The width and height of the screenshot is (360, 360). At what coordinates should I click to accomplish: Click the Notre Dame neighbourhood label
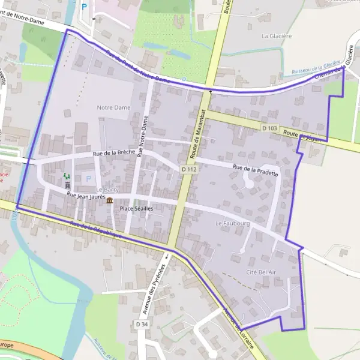113,107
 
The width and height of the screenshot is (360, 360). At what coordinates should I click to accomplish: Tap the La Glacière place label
277,36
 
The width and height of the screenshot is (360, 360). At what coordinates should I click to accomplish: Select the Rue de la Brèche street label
114,154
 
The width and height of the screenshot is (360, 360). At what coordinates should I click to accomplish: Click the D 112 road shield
189,170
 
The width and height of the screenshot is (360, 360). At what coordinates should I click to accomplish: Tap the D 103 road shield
269,128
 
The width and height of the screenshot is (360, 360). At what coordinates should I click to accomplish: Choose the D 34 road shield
142,325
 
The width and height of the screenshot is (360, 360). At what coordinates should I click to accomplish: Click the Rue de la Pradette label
255,170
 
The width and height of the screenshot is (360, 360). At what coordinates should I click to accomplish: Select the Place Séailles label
137,208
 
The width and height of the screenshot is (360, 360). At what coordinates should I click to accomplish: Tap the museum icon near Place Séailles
109,201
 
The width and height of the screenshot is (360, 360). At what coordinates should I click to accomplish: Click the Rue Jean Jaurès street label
86,196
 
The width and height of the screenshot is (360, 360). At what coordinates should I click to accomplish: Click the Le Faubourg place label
227,223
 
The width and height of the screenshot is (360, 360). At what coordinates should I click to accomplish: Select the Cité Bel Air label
259,272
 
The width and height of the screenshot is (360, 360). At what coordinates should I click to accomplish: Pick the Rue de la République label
96,231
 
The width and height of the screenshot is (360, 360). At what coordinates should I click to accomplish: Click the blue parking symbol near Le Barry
89,179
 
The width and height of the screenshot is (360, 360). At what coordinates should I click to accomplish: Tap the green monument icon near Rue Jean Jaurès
67,178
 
